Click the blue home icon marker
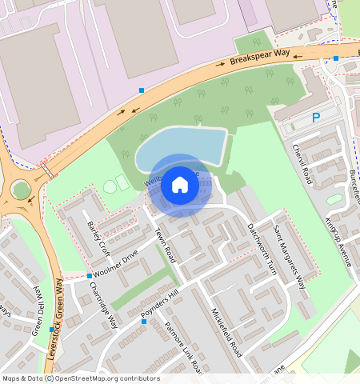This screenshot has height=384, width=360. pos(180,186)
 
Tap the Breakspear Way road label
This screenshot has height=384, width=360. pos(260,58)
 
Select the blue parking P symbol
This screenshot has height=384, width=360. pos(316,118)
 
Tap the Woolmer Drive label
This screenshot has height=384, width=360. pos(115,263)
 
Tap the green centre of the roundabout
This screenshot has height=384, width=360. pos(20,190)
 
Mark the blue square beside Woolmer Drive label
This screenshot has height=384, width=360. pos(88,276)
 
